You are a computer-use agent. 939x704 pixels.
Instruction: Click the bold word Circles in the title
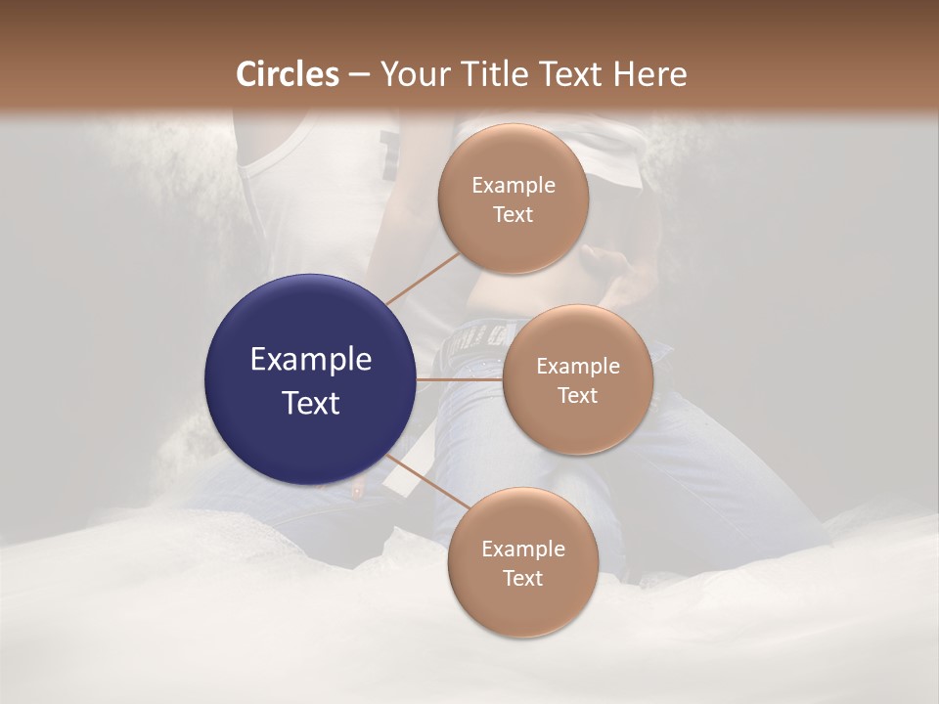coord(287,74)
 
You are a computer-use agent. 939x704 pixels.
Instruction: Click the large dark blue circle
coord(311,379)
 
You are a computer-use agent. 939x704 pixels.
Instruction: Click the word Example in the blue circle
coord(311,360)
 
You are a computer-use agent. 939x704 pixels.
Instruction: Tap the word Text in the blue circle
coord(311,403)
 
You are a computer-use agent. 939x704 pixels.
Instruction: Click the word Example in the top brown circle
coord(514,186)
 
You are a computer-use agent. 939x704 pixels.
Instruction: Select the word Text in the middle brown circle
coord(577,396)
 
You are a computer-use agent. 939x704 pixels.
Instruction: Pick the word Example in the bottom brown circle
coord(522,550)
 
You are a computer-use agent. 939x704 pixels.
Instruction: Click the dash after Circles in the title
coord(359,74)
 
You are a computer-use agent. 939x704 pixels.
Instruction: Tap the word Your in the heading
coord(408,74)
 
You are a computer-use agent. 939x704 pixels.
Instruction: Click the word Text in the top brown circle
coord(514,215)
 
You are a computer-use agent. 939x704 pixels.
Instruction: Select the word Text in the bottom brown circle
coord(522,579)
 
